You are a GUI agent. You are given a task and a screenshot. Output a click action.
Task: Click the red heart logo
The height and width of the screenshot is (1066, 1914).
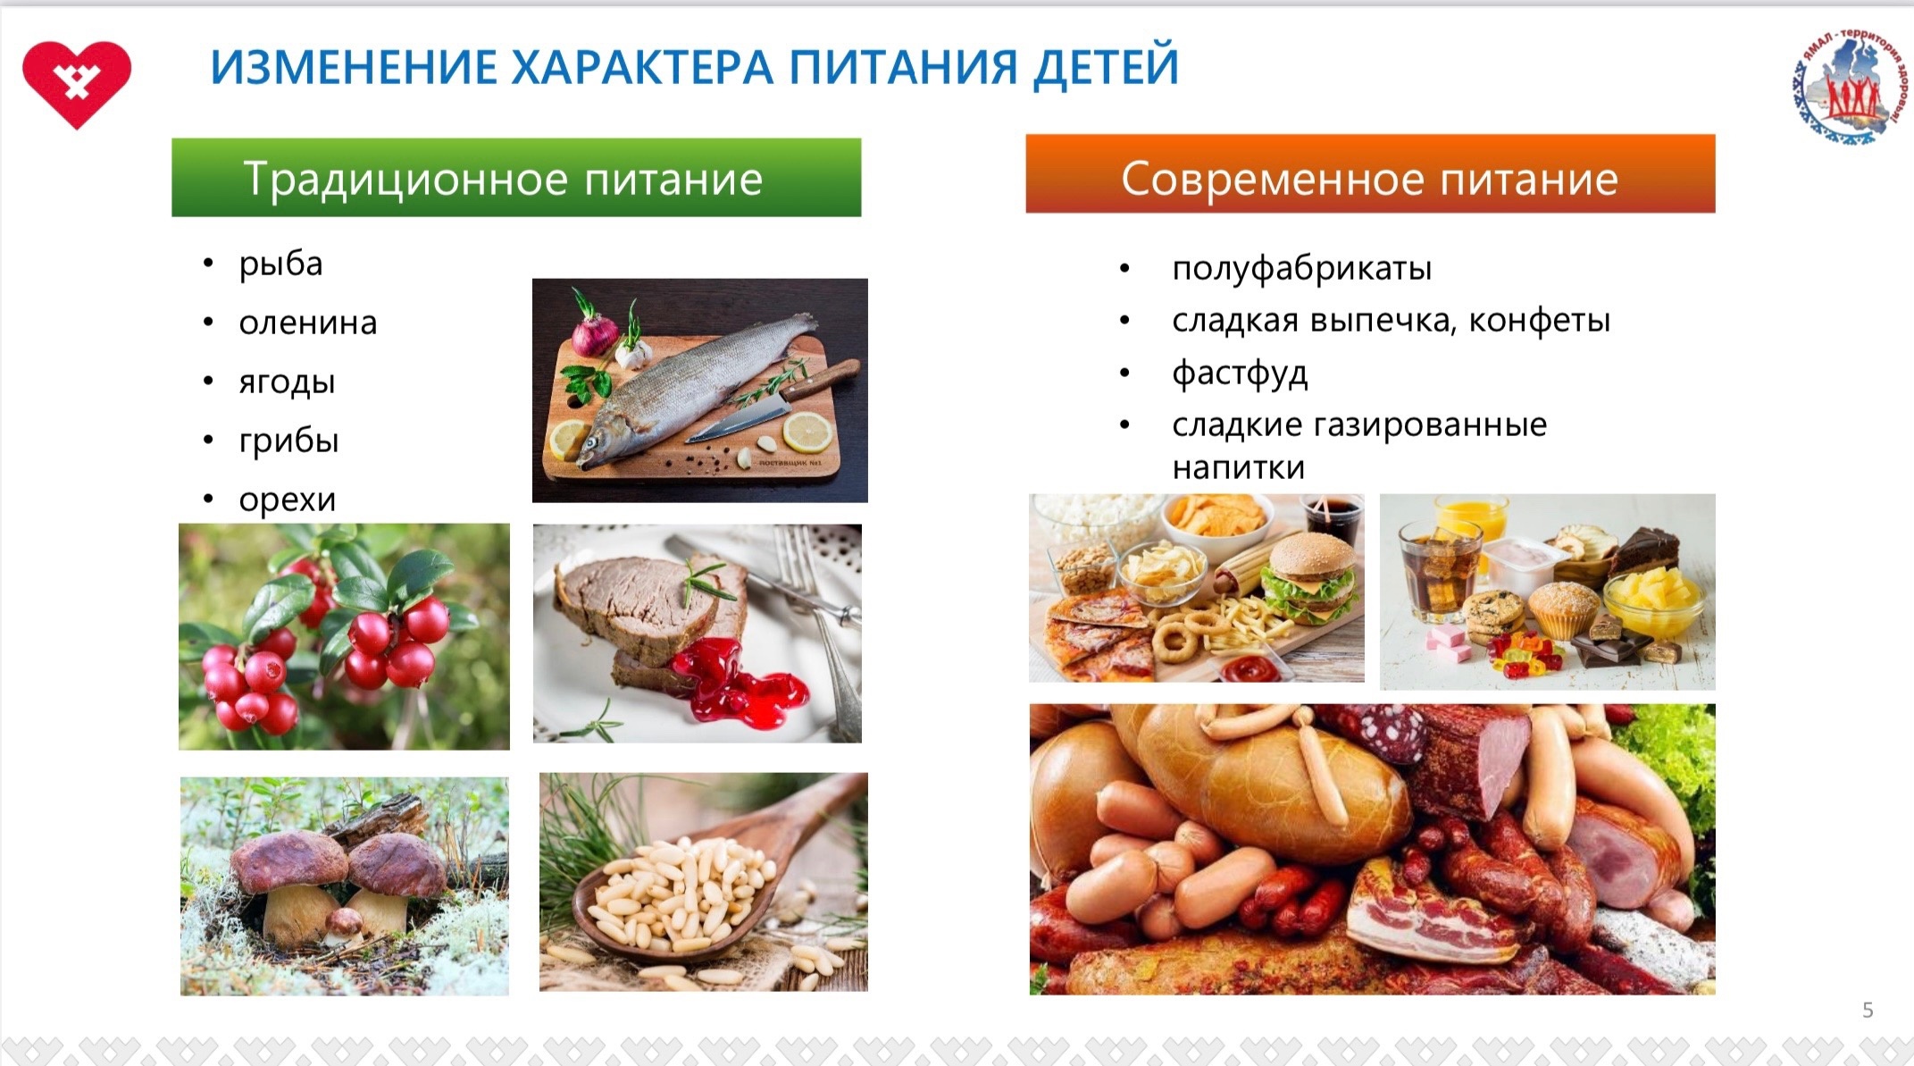pyautogui.click(x=77, y=83)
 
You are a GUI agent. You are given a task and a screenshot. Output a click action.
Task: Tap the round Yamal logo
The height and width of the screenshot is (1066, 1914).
pyautogui.click(x=1848, y=85)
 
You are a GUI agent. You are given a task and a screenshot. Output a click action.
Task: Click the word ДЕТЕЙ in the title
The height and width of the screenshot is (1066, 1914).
pyautogui.click(x=1106, y=67)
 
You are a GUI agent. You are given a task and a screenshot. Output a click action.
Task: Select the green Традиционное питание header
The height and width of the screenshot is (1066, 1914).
pyautogui.click(x=516, y=177)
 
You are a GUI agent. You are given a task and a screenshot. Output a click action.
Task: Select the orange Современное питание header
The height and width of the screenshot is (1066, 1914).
pyautogui.click(x=1370, y=174)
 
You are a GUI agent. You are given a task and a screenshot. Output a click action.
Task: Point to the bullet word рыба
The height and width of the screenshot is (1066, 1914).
pyautogui.click(x=280, y=264)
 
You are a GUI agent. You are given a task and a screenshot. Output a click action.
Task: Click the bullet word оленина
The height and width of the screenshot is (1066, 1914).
pyautogui.click(x=308, y=323)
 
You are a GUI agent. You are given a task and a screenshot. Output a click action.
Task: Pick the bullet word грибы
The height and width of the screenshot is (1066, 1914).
pyautogui.click(x=288, y=441)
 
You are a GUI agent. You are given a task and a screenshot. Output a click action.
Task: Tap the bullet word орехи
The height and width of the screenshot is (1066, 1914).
pyautogui.click(x=288, y=499)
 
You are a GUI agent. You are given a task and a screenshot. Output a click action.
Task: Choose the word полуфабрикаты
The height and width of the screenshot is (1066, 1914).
pyautogui.click(x=1302, y=268)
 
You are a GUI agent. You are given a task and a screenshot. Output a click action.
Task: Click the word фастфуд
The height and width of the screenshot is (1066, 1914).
pyautogui.click(x=1240, y=373)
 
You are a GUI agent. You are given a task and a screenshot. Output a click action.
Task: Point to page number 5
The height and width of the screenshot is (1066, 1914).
pyautogui.click(x=1868, y=1010)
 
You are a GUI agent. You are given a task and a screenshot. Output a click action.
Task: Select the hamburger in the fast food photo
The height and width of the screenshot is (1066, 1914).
pyautogui.click(x=1310, y=576)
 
